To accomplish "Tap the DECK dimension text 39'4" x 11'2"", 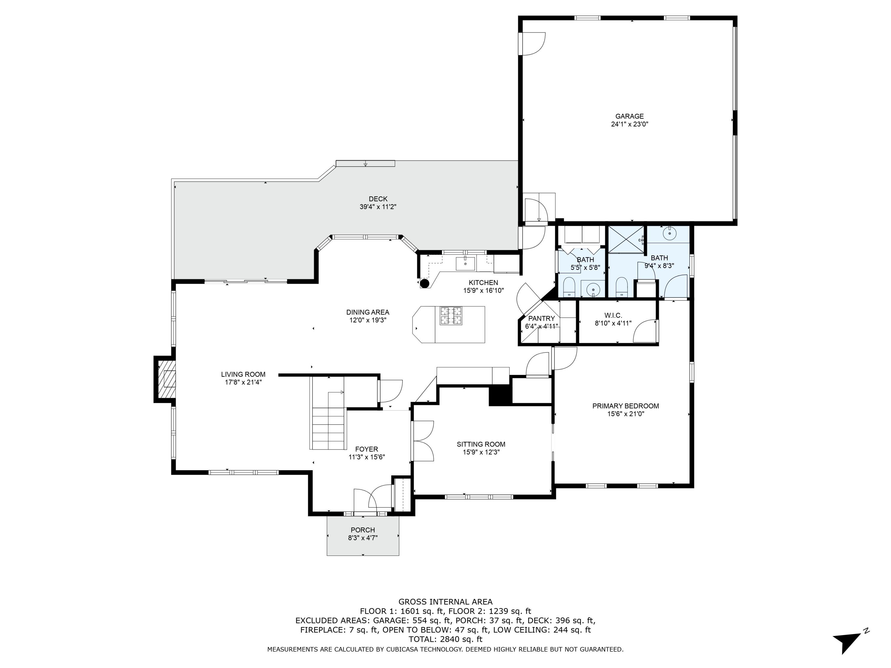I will coord(378,207).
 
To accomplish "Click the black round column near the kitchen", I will coord(424,283).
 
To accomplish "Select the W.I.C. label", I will coord(613,315).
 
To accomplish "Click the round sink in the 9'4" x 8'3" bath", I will coord(669,233).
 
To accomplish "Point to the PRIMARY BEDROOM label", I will coord(625,406).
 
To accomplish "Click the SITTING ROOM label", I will coord(481,444).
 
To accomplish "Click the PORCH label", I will coord(363,530).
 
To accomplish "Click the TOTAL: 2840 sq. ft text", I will coord(445,639).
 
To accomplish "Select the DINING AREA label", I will coord(368,312).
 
